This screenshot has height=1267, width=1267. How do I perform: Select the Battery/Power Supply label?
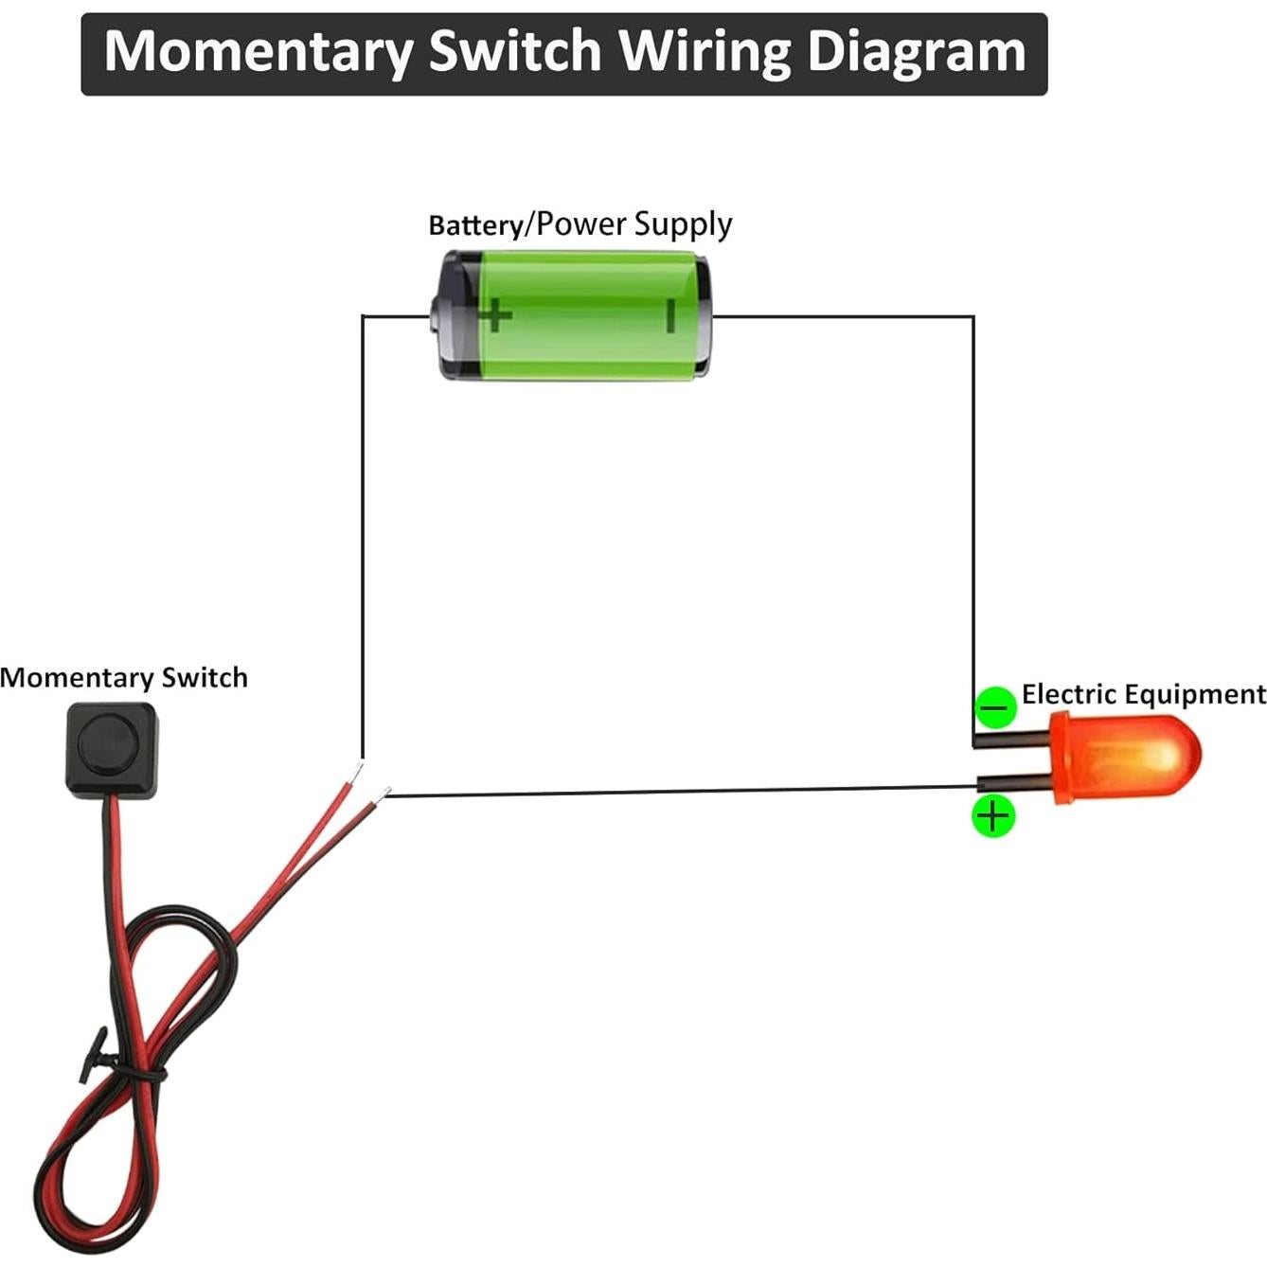point(580,224)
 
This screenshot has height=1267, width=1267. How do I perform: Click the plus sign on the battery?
point(495,314)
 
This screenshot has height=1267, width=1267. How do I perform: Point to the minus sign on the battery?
point(669,315)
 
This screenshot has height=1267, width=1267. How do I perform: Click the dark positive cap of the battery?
point(453,316)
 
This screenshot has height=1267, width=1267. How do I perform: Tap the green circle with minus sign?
point(994,707)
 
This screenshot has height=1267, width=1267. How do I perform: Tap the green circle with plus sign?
point(993,815)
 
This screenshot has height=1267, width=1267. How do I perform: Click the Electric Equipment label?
point(1143,694)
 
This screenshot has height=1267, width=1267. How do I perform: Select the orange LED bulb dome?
point(1136,758)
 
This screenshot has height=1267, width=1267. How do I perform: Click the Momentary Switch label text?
point(124,678)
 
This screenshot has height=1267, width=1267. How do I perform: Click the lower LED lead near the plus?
point(1013,782)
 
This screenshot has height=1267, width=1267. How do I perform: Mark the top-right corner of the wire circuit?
point(973,317)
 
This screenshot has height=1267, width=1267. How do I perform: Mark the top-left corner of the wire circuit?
point(363,317)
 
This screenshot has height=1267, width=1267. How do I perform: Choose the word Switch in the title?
point(514,52)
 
